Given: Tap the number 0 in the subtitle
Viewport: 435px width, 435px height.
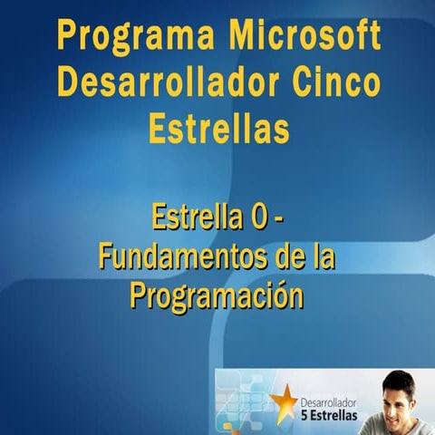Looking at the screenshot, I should tap(258, 218).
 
